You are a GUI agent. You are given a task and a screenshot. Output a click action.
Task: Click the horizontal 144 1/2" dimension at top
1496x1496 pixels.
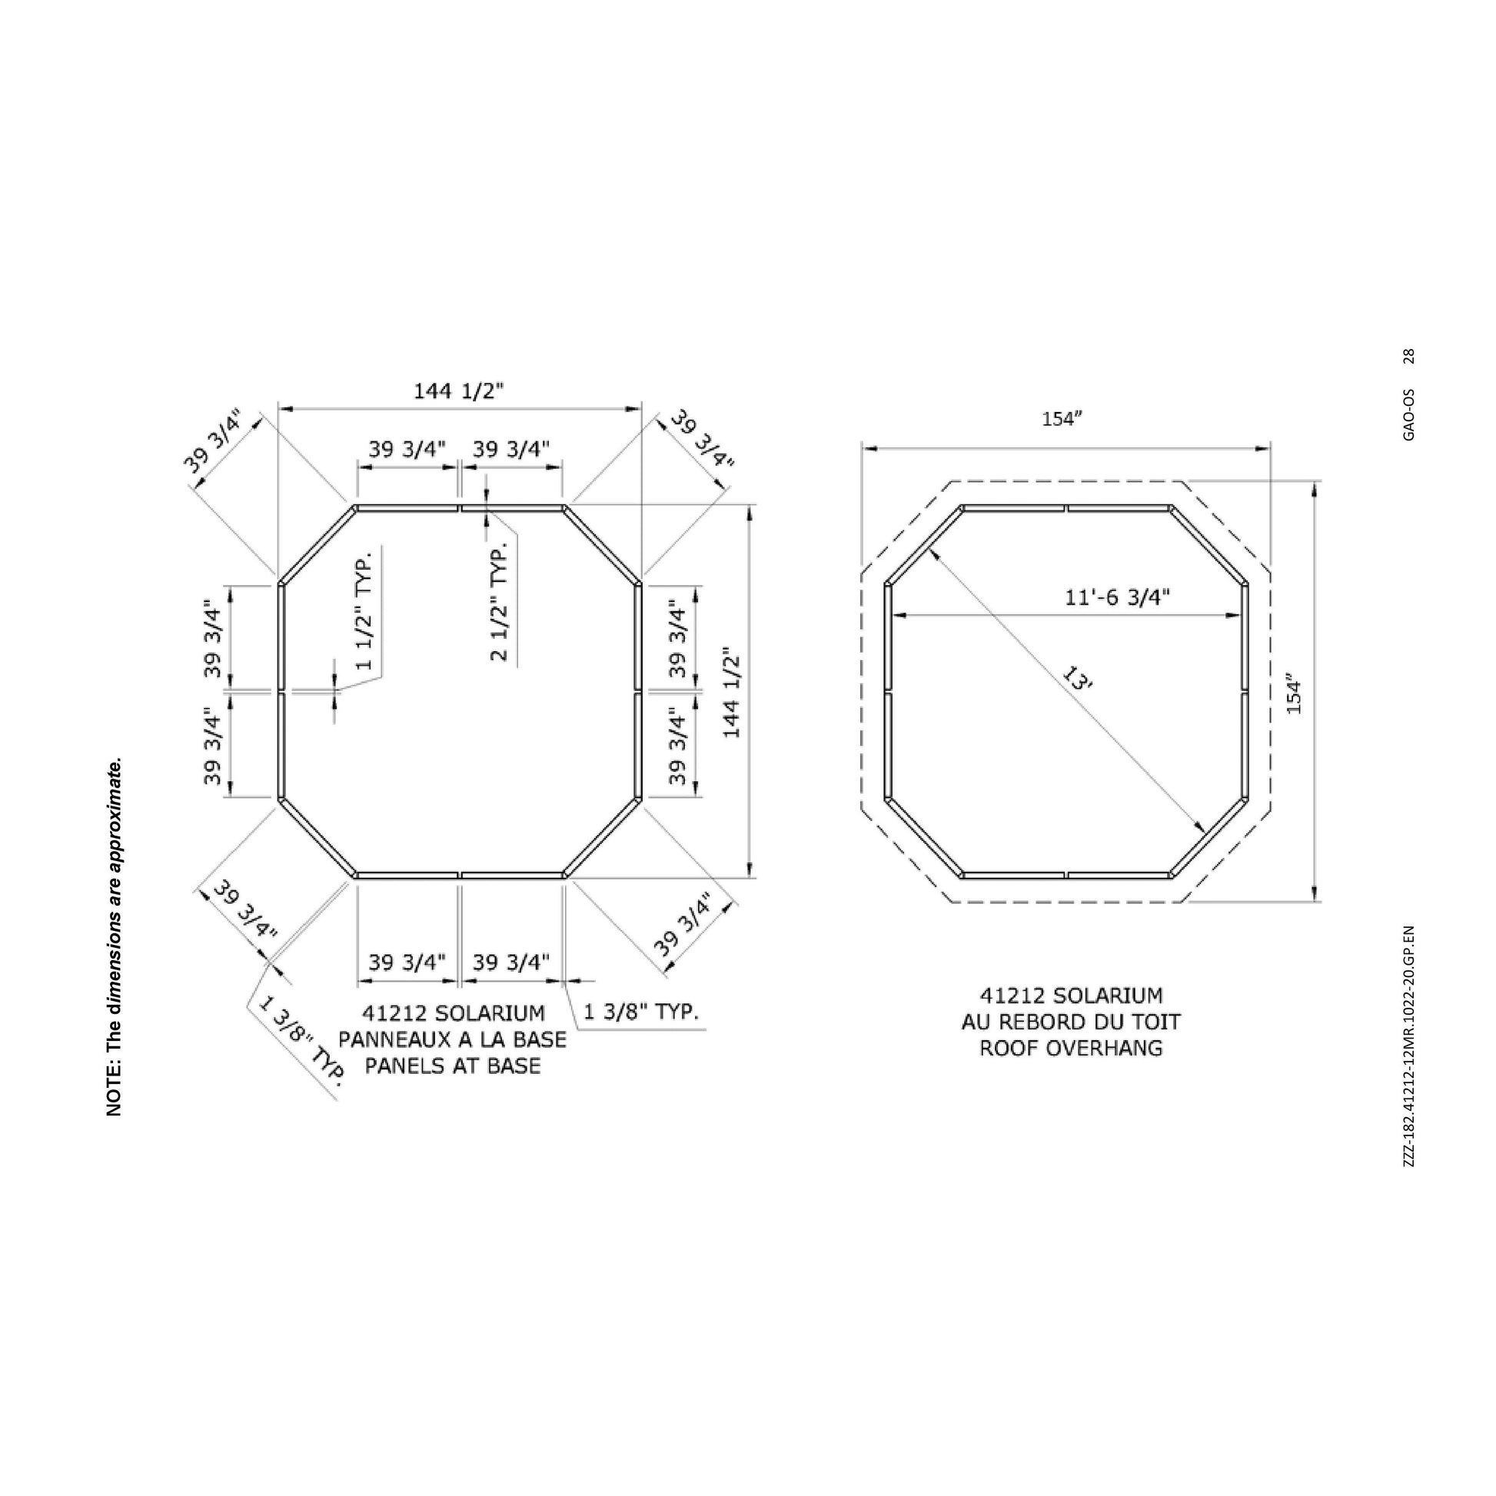coord(458,391)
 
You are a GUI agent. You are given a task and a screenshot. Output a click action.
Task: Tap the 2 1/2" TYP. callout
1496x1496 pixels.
coord(499,601)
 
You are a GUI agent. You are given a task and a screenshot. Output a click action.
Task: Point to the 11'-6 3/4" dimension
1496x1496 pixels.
coord(1115,597)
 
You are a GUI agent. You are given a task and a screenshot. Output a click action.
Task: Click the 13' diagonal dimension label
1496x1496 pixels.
coord(1076,680)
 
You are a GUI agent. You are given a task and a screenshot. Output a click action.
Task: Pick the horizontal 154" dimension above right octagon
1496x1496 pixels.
coord(1061,419)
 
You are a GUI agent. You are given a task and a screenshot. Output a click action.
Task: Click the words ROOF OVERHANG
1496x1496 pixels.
coord(1071,1049)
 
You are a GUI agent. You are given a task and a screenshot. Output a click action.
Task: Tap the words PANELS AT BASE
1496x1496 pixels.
coord(452,1066)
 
